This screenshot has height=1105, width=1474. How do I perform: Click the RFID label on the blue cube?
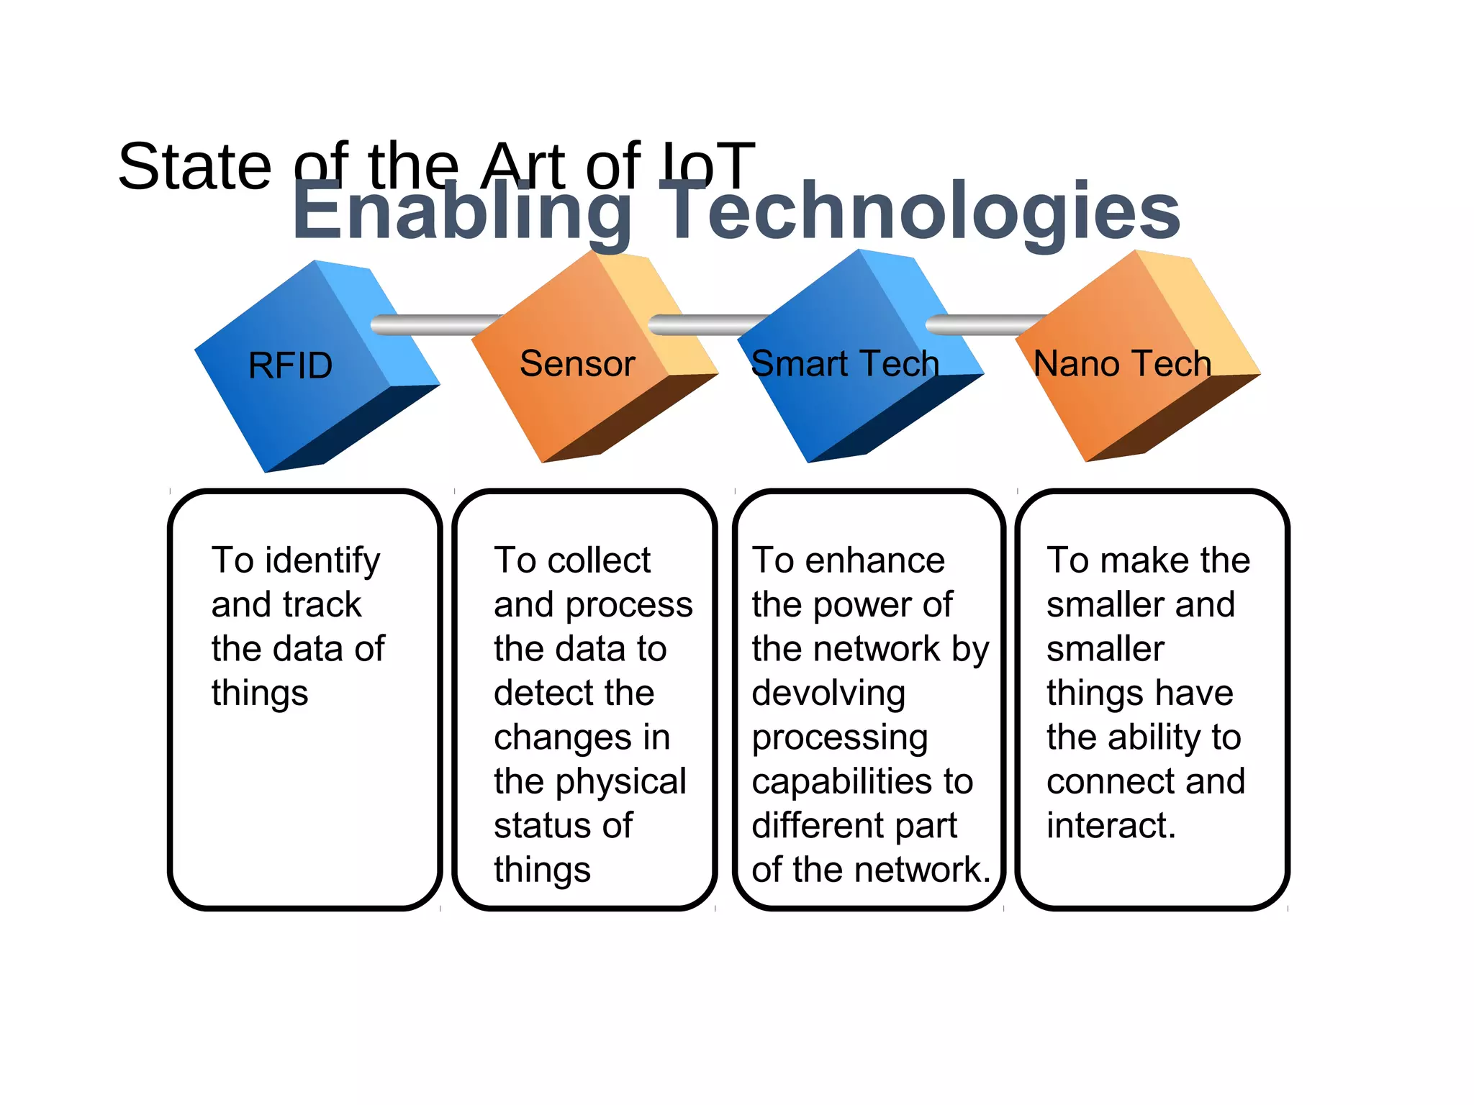[x=290, y=365]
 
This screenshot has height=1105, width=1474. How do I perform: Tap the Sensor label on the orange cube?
[x=577, y=363]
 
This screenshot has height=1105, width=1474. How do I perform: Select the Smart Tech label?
[x=844, y=363]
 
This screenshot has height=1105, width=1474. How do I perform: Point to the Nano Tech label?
[x=1122, y=363]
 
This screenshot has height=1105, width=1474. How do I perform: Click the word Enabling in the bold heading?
[x=461, y=211]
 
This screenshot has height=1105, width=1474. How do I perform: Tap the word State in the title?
[x=194, y=167]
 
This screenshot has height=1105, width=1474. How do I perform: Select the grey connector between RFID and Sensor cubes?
[x=432, y=325]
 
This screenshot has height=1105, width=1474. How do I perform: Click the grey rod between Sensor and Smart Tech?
[x=705, y=325]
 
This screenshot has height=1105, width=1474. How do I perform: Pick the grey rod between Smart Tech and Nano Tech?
[x=982, y=325]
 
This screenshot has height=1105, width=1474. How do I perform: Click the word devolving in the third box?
[x=828, y=694]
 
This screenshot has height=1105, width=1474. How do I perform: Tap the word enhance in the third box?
[x=874, y=560]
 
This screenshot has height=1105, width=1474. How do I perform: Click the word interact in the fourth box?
[x=1111, y=825]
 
